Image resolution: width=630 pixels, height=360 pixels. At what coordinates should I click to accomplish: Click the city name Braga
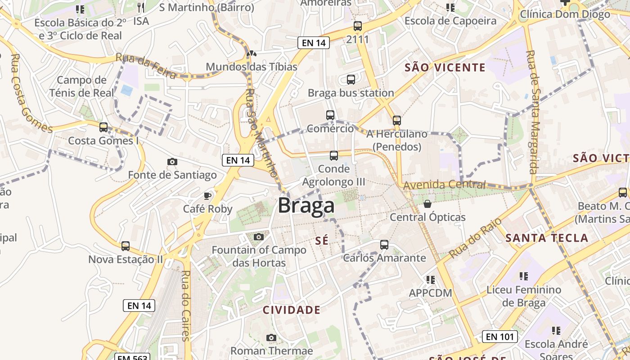(306, 206)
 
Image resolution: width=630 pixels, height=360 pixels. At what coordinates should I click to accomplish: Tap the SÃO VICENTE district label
(445, 68)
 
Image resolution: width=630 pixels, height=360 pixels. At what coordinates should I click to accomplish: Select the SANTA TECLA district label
(547, 238)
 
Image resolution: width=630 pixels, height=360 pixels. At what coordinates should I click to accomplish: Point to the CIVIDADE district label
(292, 310)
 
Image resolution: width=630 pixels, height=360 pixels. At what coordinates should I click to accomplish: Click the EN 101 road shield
(499, 336)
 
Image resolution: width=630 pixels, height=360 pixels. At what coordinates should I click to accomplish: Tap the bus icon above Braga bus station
(351, 80)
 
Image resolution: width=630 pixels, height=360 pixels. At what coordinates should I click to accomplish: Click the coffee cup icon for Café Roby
(207, 196)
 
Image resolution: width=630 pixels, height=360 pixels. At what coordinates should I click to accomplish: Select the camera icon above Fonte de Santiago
(172, 162)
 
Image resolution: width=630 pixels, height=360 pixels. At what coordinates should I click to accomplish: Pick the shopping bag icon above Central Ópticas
(427, 204)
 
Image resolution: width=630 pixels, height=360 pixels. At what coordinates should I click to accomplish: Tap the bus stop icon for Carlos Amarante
(384, 245)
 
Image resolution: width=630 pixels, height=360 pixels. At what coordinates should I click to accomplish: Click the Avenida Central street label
(445, 184)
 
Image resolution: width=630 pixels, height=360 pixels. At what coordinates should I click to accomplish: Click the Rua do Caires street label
(186, 306)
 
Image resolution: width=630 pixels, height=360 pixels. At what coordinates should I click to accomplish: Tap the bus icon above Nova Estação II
(126, 246)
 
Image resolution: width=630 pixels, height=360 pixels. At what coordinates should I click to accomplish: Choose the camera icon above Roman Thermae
(271, 337)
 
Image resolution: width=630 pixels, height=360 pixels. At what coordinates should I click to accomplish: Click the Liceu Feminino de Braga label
(524, 296)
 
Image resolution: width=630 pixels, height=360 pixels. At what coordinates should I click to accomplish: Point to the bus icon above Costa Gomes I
(103, 127)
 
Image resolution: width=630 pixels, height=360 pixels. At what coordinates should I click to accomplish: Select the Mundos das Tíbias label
(252, 67)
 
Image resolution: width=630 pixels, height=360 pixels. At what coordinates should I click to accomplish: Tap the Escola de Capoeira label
(450, 21)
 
